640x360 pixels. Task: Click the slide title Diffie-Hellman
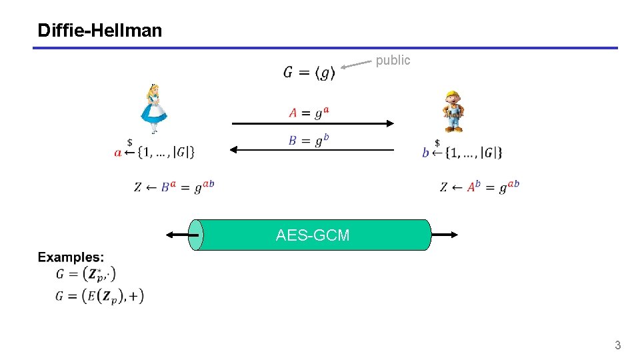pos(100,31)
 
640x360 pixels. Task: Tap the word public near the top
pos(393,61)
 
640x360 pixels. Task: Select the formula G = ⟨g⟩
pos(309,72)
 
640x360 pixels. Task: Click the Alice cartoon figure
pos(154,109)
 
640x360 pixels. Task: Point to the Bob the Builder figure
pos(454,111)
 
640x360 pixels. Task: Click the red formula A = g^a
pos(309,113)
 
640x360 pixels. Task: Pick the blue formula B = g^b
pos(309,141)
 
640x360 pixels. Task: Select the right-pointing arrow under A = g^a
pos(313,123)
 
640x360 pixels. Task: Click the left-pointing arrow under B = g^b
pos(313,151)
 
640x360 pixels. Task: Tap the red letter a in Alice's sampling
pos(118,153)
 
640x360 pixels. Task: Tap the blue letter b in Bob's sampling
pos(425,153)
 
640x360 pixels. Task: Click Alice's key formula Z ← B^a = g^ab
pos(174,187)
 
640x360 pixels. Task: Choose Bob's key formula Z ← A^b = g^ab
pos(479,187)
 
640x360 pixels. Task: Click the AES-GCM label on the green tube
pos(313,235)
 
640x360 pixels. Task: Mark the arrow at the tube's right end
pos(445,235)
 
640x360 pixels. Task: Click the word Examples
pos(71,257)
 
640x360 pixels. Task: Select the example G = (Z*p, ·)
pos(86,273)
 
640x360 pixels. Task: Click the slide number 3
pos(617,345)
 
